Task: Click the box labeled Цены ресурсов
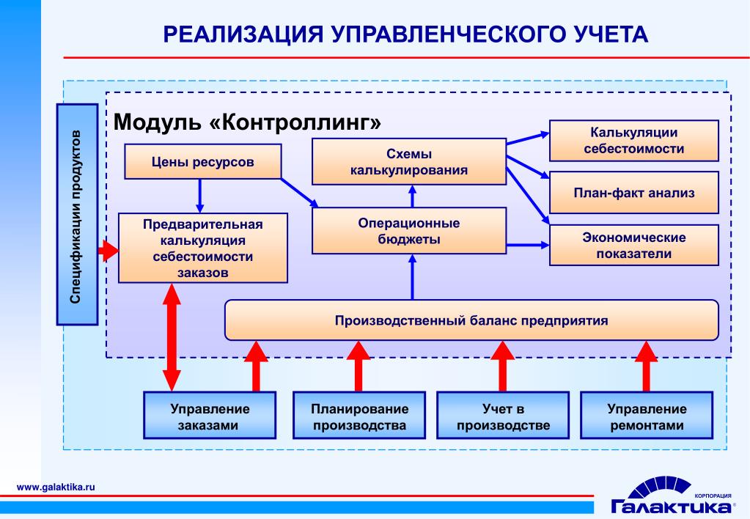pyautogui.click(x=203, y=162)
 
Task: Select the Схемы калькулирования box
pyautogui.click(x=409, y=162)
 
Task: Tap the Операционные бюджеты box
pyautogui.click(x=409, y=231)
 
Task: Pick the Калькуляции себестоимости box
pyautogui.click(x=633, y=141)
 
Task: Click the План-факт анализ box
pyautogui.click(x=633, y=192)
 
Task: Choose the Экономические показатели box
pyautogui.click(x=633, y=245)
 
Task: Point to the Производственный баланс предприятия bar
pyautogui.click(x=471, y=320)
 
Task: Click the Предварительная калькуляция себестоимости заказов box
pyautogui.click(x=203, y=248)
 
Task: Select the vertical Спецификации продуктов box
pyautogui.click(x=77, y=214)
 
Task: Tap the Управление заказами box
pyautogui.click(x=210, y=415)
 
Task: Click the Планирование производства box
pyautogui.click(x=359, y=415)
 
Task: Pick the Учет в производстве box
pyautogui.click(x=503, y=415)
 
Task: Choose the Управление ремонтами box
pyautogui.click(x=647, y=415)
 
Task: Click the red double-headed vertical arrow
pyautogui.click(x=172, y=337)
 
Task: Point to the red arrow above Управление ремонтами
pyautogui.click(x=646, y=367)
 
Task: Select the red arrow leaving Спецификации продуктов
pyautogui.click(x=109, y=250)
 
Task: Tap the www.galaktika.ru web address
pyautogui.click(x=56, y=487)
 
